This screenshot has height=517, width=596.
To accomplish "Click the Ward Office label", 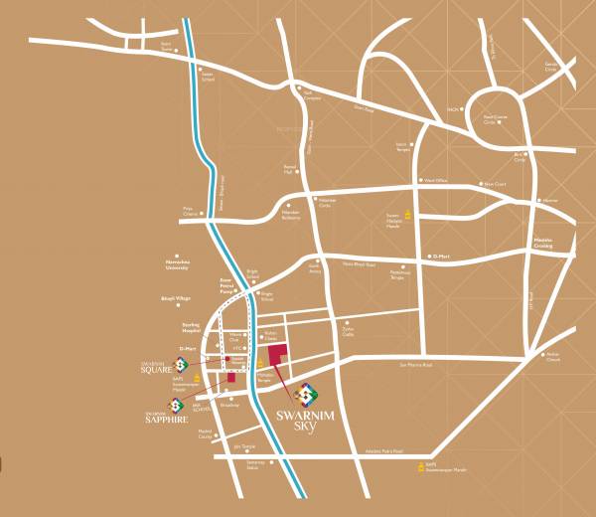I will tap(437, 181).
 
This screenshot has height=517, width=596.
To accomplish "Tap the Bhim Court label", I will tap(495, 184).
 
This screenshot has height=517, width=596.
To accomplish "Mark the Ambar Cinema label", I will tap(553, 357).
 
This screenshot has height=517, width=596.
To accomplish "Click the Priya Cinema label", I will tap(190, 211).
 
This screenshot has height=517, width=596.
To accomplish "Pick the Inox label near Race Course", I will tap(452, 108).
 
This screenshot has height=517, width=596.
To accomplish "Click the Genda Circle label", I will tap(551, 68).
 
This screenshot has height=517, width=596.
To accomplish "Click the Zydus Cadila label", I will tap(348, 333).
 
